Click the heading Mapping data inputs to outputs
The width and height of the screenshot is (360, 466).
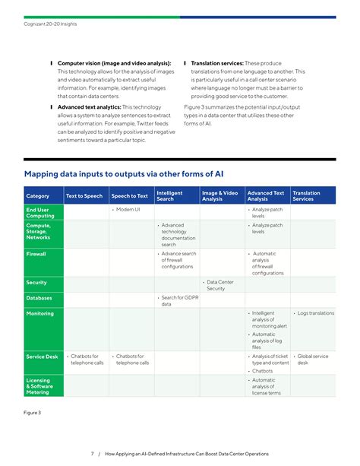[x=118, y=173]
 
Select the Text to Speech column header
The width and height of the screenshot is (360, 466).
[x=84, y=196]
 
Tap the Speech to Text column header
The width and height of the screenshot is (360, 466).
[x=130, y=196]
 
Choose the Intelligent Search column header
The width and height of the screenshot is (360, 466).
[x=169, y=196]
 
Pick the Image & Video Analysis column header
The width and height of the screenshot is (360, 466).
[x=219, y=196]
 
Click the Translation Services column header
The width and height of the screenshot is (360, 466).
[x=307, y=196]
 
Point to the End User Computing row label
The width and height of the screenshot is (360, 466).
[x=40, y=212]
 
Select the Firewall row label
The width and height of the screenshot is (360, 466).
[x=36, y=254]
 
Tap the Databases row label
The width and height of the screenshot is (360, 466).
[x=39, y=298]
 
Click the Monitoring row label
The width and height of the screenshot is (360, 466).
[x=40, y=313]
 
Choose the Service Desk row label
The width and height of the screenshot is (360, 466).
[x=43, y=356]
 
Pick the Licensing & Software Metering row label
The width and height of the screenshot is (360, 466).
[x=39, y=386]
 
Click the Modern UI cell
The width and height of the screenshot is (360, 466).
[x=128, y=209]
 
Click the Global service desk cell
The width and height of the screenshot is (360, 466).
[x=312, y=359]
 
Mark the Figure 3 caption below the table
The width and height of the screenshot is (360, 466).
[x=33, y=412]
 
